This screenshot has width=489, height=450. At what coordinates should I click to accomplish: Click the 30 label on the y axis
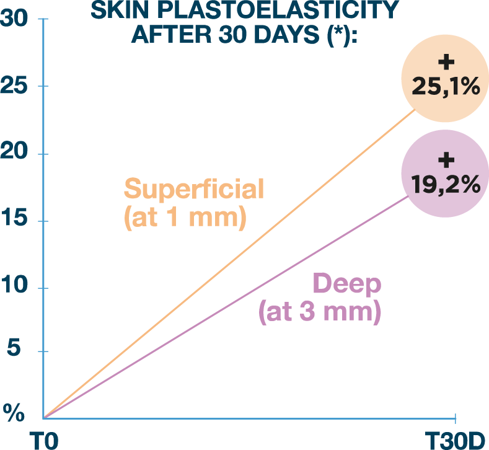pos(14,19)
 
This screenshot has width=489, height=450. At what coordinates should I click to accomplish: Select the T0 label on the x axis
pos(45,441)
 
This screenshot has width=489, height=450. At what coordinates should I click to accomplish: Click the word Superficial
pos(194,188)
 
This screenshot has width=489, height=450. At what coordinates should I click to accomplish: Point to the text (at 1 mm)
pos(185,218)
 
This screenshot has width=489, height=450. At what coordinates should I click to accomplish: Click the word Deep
pos(347,285)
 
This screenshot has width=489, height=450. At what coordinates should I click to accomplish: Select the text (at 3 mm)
pos(319,312)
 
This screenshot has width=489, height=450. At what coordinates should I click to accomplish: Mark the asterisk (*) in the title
pos(337,32)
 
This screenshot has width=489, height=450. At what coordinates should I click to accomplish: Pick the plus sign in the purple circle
pos(445,161)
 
